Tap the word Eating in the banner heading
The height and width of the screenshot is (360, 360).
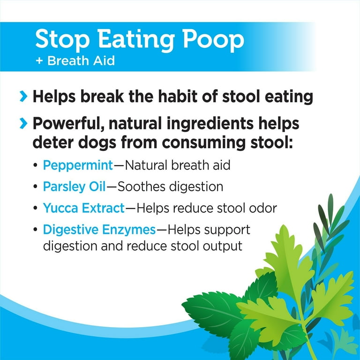136,39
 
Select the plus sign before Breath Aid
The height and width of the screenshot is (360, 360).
39,61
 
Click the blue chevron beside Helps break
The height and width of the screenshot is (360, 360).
23,97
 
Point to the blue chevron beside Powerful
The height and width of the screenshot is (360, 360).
23,123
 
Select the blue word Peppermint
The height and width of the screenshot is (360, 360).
78,165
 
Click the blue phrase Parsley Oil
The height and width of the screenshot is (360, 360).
75,187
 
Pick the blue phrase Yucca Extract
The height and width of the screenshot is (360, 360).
84,208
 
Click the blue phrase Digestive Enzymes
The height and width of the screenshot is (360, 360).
99,230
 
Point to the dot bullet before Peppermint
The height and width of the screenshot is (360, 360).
35,165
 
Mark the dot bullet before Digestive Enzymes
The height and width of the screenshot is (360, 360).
35,229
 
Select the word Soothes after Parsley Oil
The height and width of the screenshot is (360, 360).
142,187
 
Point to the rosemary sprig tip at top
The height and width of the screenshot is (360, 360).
330,195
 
